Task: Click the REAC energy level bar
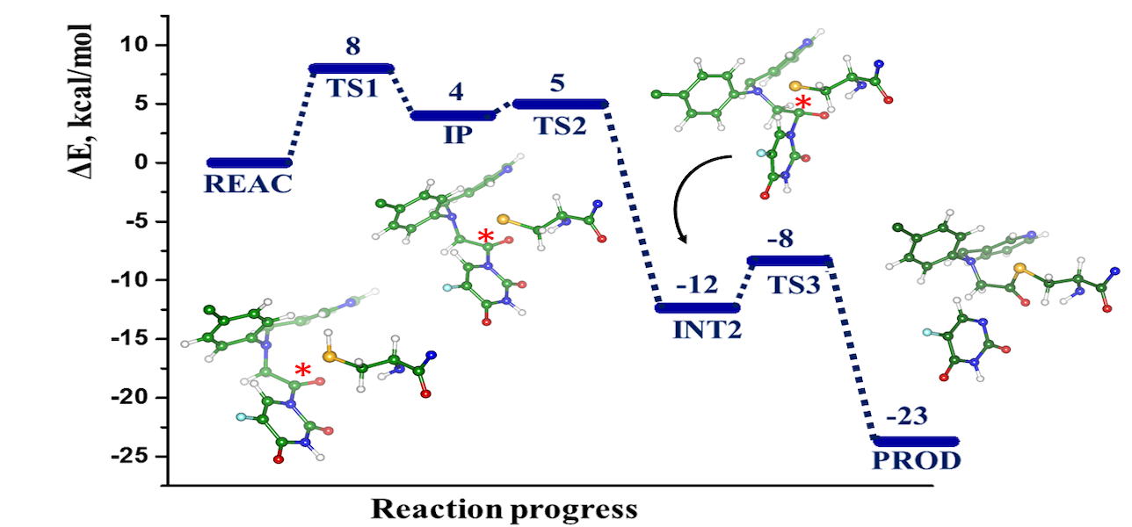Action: pos(249,162)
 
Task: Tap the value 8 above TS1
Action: pos(352,47)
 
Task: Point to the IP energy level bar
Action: pos(454,115)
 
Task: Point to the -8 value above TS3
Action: pos(788,241)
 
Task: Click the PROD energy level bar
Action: pos(915,441)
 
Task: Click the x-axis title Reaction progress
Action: pos(504,509)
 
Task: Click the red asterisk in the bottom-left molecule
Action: pos(302,372)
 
